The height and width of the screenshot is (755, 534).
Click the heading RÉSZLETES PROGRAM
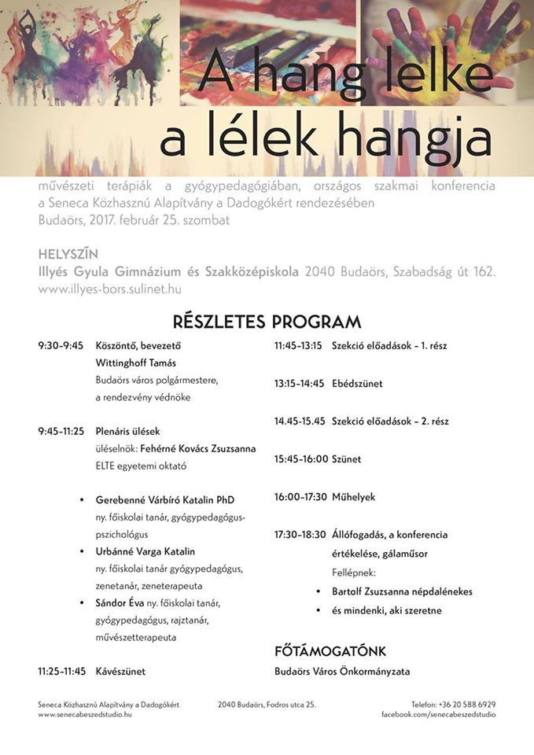(267, 322)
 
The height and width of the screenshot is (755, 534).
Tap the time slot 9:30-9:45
(61, 345)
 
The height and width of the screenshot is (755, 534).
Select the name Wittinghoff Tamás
(135, 363)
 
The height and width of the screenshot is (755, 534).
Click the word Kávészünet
(120, 672)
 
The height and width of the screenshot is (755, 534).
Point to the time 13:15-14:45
(299, 384)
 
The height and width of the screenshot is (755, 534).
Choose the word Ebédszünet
(357, 384)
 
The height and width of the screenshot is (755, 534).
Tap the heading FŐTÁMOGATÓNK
(330, 652)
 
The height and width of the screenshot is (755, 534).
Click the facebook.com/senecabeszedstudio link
(438, 714)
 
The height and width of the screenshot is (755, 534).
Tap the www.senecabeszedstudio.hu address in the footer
(85, 714)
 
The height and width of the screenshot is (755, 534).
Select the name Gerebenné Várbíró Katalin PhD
(165, 500)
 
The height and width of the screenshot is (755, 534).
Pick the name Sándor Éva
(120, 603)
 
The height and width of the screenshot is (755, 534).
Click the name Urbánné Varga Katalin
(145, 551)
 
